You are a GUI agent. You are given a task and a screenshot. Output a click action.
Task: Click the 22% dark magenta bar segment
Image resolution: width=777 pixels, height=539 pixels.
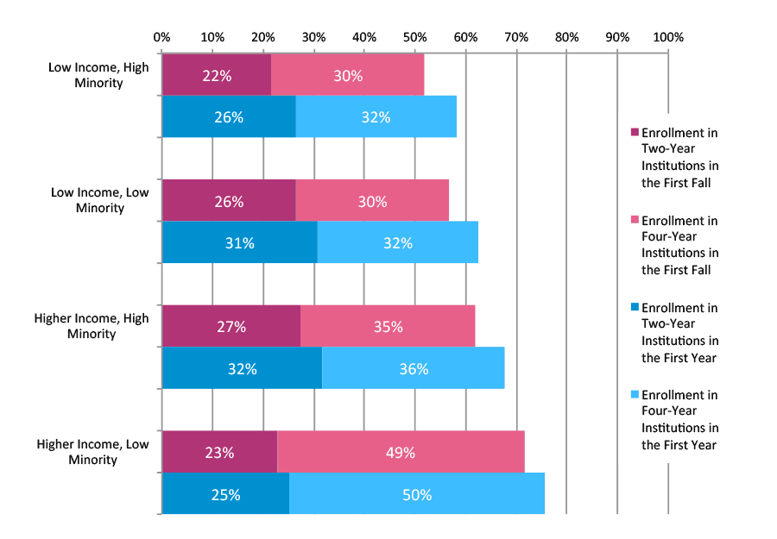(x=216, y=75)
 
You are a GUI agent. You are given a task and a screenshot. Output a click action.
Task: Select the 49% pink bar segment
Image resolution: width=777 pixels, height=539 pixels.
(x=401, y=452)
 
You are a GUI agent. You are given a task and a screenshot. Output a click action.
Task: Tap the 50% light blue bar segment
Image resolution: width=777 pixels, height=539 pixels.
(x=416, y=494)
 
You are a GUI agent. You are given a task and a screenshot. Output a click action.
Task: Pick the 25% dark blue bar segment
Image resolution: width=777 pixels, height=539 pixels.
(x=225, y=494)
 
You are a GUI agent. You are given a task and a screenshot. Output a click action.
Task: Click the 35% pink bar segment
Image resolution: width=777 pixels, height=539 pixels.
(x=387, y=327)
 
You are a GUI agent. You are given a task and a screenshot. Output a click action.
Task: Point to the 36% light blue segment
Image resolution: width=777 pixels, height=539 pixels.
(x=413, y=368)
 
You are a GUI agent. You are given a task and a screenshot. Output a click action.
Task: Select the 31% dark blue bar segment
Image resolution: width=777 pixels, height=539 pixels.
(x=239, y=243)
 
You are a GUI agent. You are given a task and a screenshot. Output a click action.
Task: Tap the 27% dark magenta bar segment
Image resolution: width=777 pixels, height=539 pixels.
(x=231, y=327)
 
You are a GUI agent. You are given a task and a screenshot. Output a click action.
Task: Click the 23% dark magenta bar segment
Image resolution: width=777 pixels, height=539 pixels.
(x=219, y=452)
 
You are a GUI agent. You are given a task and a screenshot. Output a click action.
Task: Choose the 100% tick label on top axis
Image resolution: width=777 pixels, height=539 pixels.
(x=667, y=37)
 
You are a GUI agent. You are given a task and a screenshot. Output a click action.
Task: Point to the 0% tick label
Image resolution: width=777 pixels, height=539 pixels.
(x=161, y=37)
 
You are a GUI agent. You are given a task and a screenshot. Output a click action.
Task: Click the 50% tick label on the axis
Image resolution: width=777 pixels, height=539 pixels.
(x=414, y=37)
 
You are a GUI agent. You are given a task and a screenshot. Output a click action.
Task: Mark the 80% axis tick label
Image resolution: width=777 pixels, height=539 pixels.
(x=566, y=37)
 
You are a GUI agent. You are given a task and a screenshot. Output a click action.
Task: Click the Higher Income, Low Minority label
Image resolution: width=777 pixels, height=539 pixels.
(x=92, y=452)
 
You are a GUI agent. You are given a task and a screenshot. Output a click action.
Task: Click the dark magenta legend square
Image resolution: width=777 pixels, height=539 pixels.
(x=635, y=133)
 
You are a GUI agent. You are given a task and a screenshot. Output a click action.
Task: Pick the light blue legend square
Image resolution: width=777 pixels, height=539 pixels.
(x=635, y=394)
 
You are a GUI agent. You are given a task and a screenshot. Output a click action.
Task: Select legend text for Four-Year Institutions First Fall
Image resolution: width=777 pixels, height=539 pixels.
(x=679, y=245)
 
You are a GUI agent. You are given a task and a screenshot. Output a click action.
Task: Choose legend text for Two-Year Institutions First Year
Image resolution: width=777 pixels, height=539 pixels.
(x=679, y=332)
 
